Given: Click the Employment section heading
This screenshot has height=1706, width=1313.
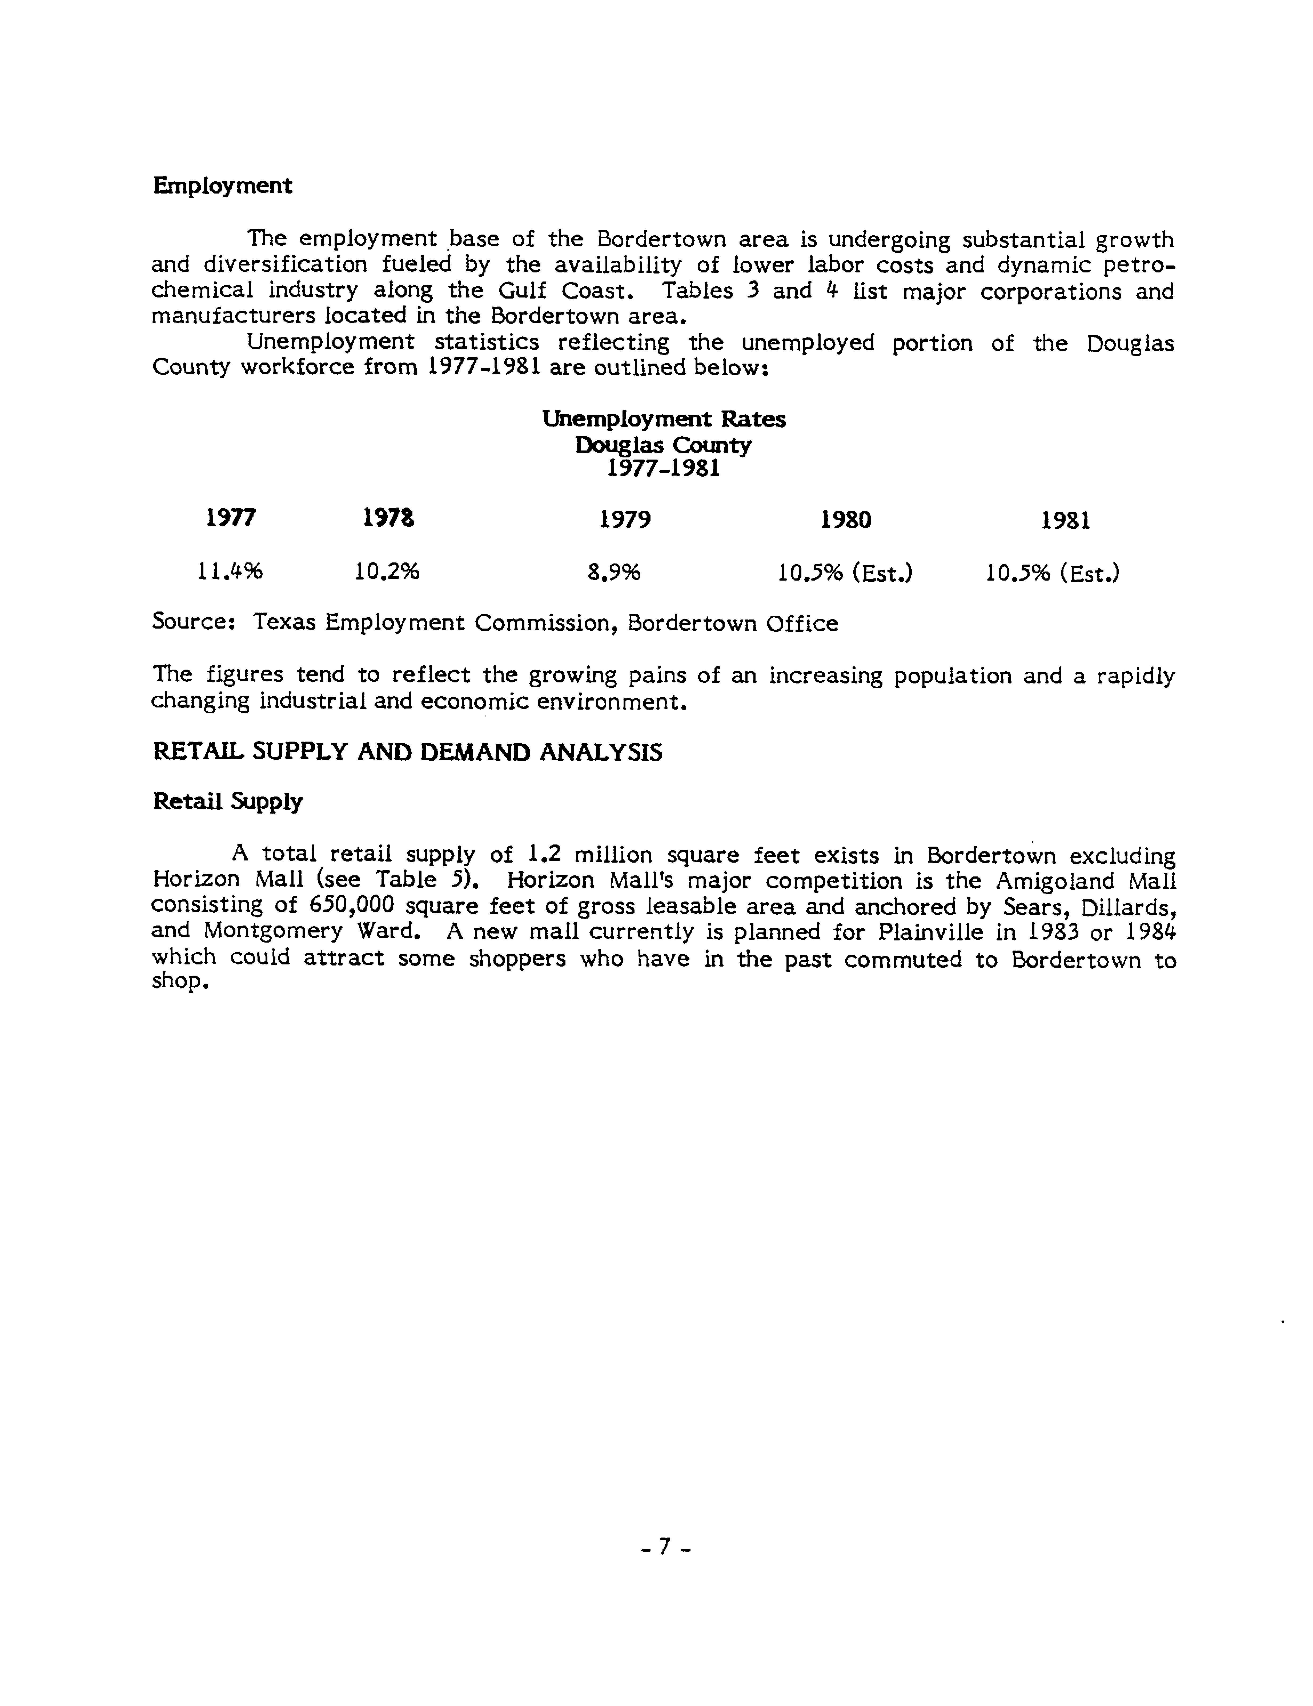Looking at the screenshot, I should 223,186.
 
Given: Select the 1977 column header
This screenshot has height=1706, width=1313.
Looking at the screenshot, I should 230,518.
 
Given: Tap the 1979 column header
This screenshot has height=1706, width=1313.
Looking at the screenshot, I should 625,520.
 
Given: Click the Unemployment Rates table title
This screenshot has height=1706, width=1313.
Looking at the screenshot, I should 664,420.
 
